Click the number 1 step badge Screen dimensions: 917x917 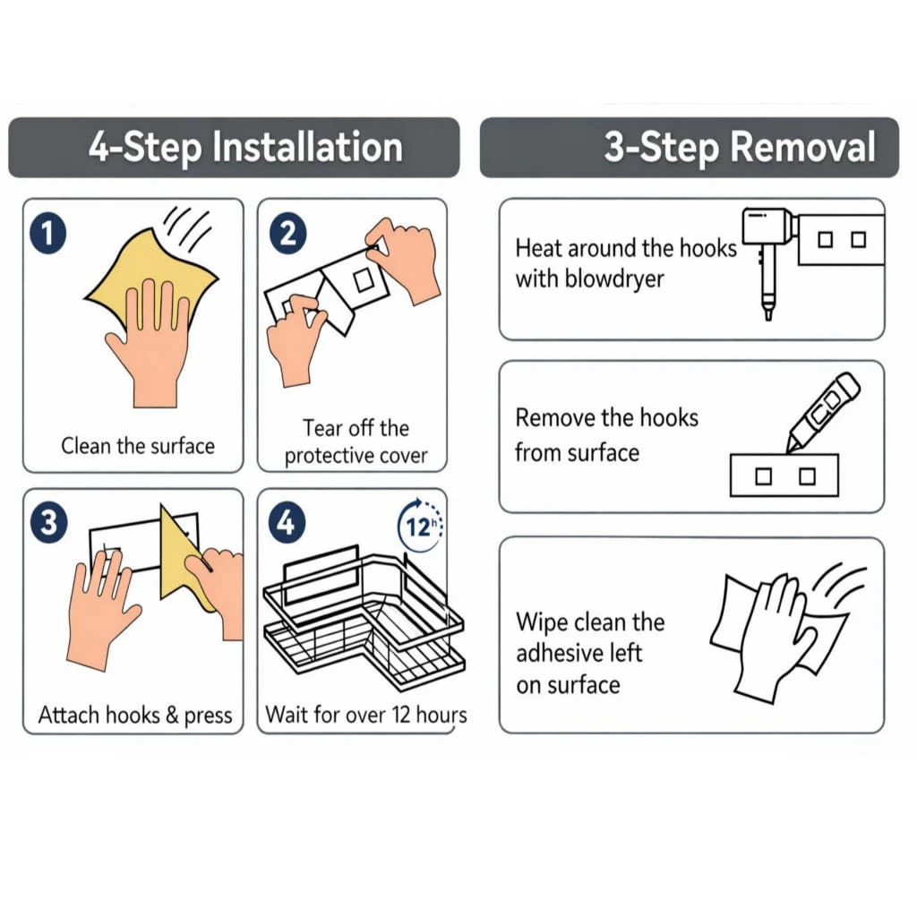point(48,234)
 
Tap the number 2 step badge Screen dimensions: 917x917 point(287,233)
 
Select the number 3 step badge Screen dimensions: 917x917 point(49,522)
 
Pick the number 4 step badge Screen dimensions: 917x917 point(287,521)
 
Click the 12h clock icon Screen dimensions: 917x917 point(420,525)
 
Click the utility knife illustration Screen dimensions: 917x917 point(822,412)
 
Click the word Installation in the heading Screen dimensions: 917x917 point(307,146)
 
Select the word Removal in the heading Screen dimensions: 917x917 point(802,146)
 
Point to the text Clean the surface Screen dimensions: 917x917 point(138,446)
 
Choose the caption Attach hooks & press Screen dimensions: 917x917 point(135,715)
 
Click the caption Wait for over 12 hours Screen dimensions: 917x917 point(366,715)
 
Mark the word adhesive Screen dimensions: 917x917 point(579,653)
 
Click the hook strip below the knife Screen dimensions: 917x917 point(784,476)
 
